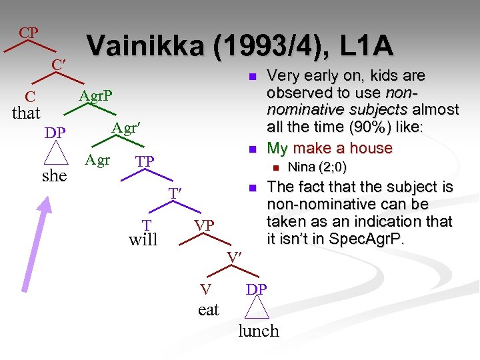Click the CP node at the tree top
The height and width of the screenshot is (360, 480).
[x=28, y=33]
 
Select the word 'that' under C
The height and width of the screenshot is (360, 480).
[x=27, y=113]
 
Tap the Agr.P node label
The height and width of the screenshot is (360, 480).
[x=96, y=97]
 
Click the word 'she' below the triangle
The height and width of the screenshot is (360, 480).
[x=55, y=175]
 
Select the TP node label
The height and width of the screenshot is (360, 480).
[x=145, y=162]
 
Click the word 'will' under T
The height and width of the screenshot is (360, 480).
[x=143, y=240]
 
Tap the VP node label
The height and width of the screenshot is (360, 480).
[x=204, y=225]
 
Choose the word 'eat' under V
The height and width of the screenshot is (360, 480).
[x=208, y=309]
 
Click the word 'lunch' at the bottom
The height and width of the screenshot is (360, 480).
[x=258, y=331]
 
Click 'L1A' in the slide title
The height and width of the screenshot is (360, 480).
[x=365, y=46]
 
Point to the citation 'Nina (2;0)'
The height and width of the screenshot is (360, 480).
[x=317, y=167]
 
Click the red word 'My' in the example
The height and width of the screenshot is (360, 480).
[x=278, y=148]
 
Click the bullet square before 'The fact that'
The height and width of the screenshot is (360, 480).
[x=253, y=189]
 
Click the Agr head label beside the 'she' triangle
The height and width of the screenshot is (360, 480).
[x=97, y=160]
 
